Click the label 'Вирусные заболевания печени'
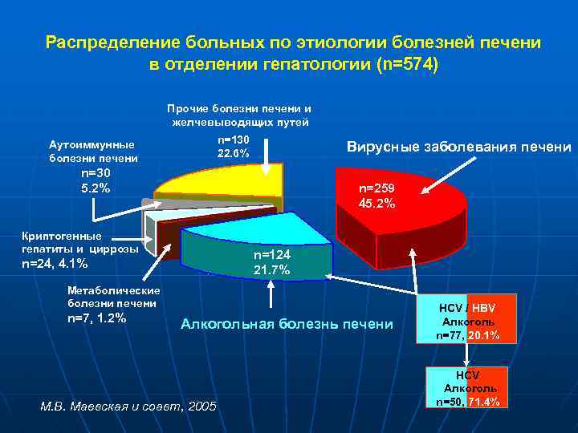click(458, 147)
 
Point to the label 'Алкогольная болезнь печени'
click(287, 324)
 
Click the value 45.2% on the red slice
click(377, 204)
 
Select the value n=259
click(377, 189)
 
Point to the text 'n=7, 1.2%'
click(97, 318)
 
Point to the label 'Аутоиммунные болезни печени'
click(92, 151)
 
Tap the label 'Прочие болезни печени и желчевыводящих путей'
click(239, 115)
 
